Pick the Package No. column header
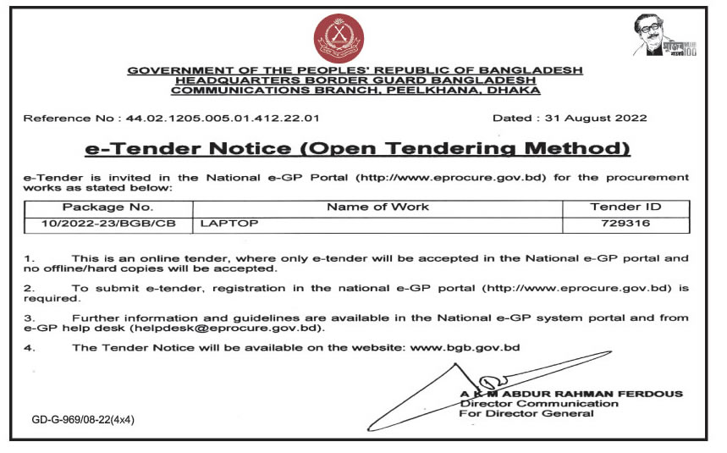108,207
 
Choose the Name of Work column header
378,207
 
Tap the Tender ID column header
625,207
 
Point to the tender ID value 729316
625,224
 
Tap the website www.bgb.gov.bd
465,347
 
